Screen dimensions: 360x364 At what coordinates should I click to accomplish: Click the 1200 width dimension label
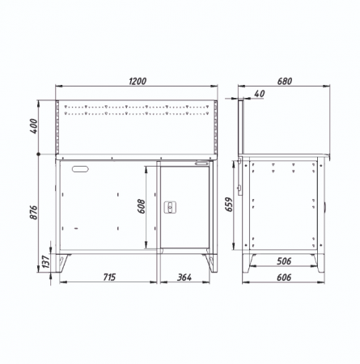(x=138, y=81)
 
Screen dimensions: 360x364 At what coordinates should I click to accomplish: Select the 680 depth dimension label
(x=285, y=81)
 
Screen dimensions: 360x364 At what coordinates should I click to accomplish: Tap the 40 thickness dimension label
(x=260, y=94)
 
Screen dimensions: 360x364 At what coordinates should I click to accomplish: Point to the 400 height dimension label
(x=34, y=126)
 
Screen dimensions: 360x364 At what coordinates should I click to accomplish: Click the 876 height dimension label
(x=34, y=212)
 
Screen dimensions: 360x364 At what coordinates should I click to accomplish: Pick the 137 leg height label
(x=46, y=262)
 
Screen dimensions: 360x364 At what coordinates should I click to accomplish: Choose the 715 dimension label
(x=110, y=277)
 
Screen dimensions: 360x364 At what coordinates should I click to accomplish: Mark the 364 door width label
(x=184, y=277)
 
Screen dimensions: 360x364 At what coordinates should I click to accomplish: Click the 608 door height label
(x=141, y=206)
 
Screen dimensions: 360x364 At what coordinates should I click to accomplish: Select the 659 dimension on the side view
(x=229, y=205)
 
